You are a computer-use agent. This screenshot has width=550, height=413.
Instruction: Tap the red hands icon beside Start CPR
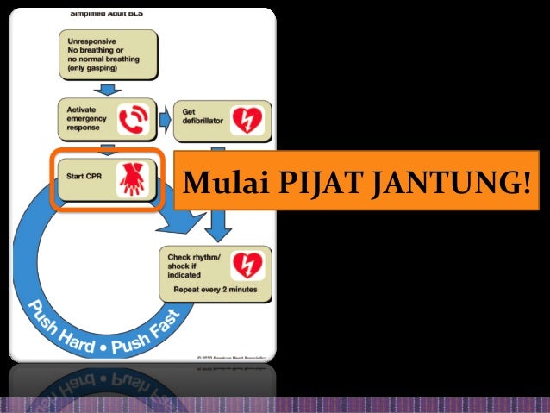pos(134,178)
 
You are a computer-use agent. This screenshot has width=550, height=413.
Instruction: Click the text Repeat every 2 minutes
pos(215,289)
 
